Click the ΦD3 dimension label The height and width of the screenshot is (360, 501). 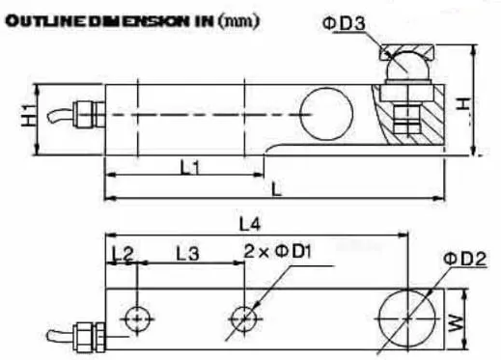click(344, 23)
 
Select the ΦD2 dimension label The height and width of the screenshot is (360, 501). click(464, 259)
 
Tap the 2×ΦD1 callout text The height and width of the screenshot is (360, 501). click(278, 251)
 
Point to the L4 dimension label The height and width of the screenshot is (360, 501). click(250, 224)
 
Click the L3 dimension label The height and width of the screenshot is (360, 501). click(187, 253)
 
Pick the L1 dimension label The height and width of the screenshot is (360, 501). click(190, 167)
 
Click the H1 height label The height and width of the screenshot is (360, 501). click(29, 116)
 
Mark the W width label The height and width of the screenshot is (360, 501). click(457, 323)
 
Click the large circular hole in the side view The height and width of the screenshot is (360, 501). click(326, 114)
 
